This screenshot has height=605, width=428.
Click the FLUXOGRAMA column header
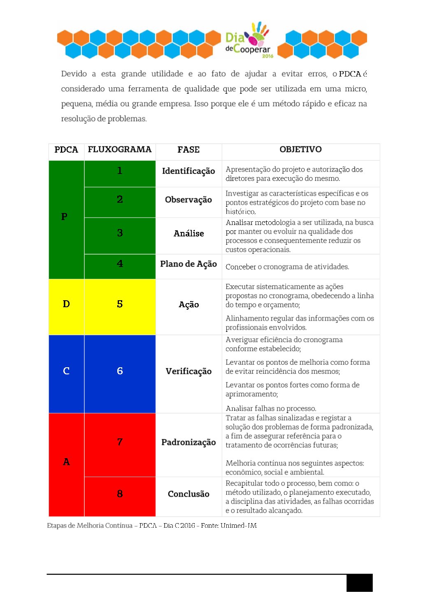tap(119, 149)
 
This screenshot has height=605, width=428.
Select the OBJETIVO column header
tap(300, 149)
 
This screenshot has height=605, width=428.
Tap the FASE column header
tap(188, 150)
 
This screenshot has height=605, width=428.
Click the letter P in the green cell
tap(64, 217)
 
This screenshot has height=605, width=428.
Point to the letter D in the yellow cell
tap(66, 304)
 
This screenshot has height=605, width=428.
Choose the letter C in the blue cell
tap(66, 371)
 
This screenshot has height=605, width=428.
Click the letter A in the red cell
tap(66, 462)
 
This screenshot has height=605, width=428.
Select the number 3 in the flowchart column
tap(120, 233)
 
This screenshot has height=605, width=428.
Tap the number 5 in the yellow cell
tap(120, 304)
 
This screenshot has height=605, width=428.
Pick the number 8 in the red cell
tap(120, 494)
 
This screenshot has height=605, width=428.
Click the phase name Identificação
tap(188, 171)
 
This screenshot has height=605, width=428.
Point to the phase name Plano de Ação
tap(188, 264)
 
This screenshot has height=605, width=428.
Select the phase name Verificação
tap(188, 371)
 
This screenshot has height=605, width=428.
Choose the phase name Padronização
tap(188, 443)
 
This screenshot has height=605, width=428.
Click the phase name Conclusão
tap(188, 494)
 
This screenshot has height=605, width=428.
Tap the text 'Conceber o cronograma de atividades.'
tap(287, 267)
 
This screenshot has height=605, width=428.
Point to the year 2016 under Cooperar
tap(267, 56)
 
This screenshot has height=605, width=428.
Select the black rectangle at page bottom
tap(359, 583)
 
